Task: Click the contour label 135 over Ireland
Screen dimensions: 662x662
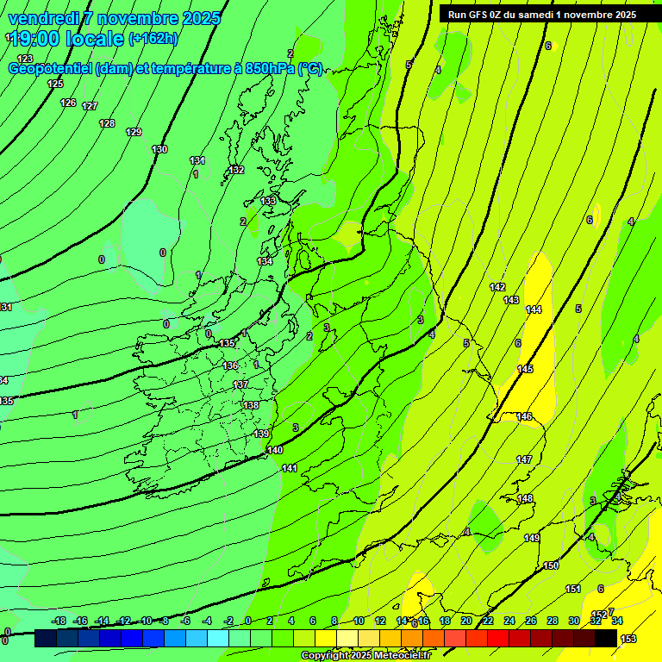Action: coord(227,343)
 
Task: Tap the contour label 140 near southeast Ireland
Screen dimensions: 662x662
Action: coord(275,450)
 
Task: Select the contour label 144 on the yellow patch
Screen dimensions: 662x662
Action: coord(534,309)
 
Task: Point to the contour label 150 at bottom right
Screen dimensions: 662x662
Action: coord(551,565)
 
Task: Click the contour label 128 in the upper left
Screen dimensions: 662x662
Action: coord(107,123)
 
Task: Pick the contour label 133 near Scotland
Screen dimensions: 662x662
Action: coord(269,200)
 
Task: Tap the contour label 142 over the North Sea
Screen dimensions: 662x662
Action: coord(497,287)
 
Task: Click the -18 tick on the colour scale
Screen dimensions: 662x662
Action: coord(59,621)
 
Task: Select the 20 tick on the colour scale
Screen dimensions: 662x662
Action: coord(466,621)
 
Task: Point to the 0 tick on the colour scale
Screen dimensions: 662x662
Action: coord(248,621)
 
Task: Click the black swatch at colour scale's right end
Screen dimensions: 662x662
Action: coord(606,638)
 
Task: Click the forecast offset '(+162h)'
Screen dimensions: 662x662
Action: coord(153,38)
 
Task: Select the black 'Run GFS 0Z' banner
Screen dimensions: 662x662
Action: coord(541,14)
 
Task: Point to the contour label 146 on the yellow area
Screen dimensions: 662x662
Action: coord(524,416)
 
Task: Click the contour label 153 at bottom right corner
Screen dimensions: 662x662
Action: coord(628,638)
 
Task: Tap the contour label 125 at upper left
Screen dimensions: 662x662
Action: coord(55,84)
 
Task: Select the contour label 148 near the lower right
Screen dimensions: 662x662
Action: coord(525,499)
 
